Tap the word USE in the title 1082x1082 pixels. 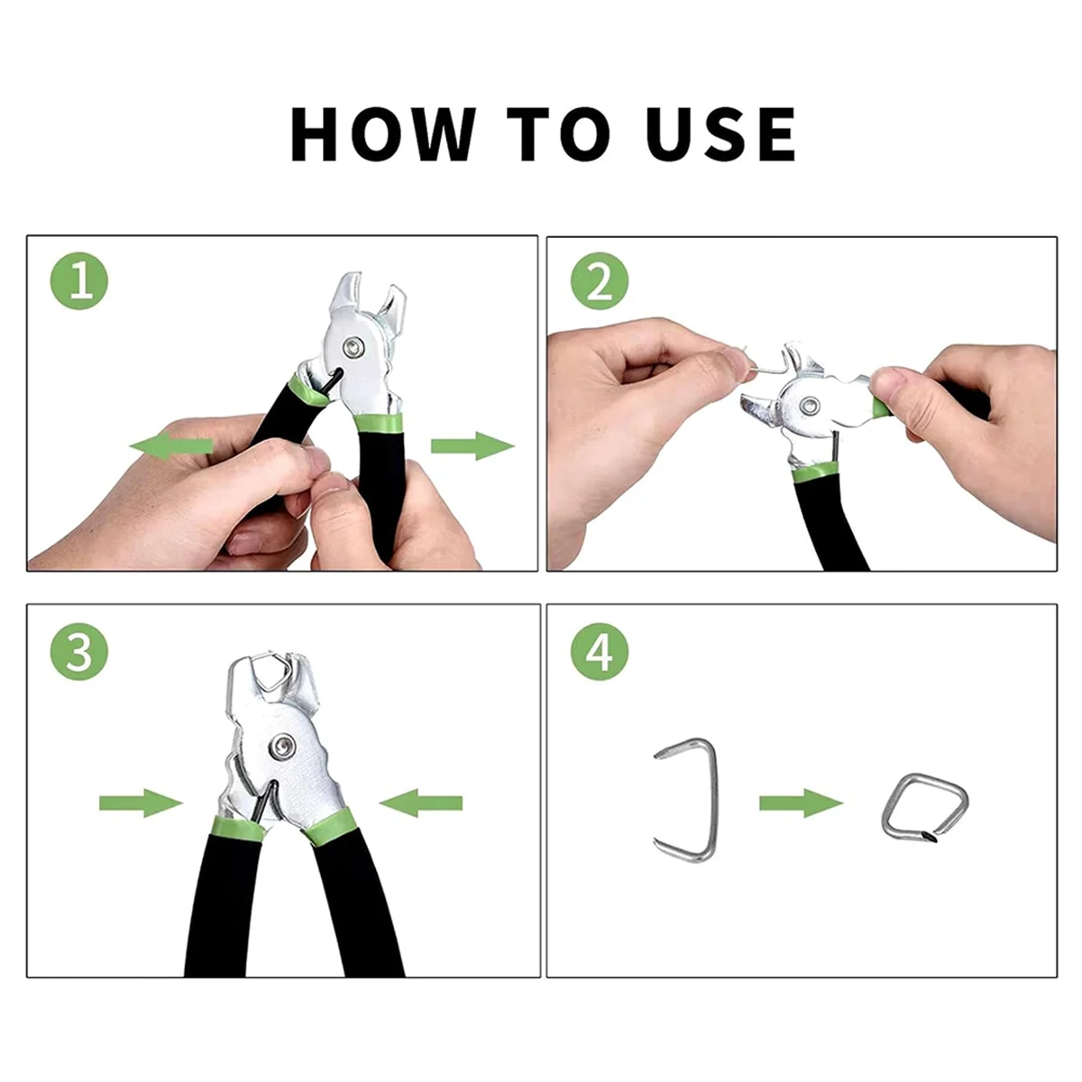pos(720,133)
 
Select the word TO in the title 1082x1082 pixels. pos(558,133)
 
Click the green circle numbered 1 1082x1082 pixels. pos(79,280)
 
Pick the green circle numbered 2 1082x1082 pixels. pos(599,280)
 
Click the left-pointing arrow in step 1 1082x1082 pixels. pos(171,446)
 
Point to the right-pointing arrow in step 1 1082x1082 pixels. pos(472,446)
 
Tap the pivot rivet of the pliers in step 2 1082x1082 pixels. pos(811,403)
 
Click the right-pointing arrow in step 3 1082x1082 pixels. pos(141,803)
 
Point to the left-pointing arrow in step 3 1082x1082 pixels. pos(420,803)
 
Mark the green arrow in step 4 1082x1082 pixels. pos(802,803)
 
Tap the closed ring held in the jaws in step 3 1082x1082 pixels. pos(262,660)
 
